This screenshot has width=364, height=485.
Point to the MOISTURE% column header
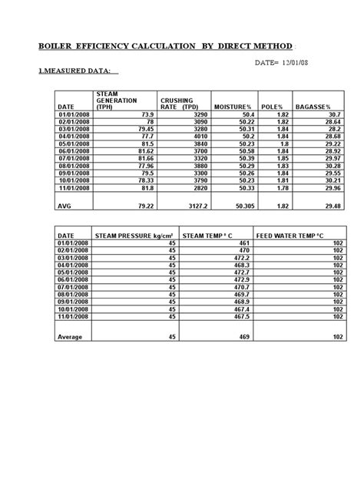coord(233,107)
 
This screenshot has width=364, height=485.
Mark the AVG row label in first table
coord(65,206)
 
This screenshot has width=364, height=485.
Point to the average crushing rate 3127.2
coord(196,206)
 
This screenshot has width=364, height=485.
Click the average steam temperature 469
coord(243,335)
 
